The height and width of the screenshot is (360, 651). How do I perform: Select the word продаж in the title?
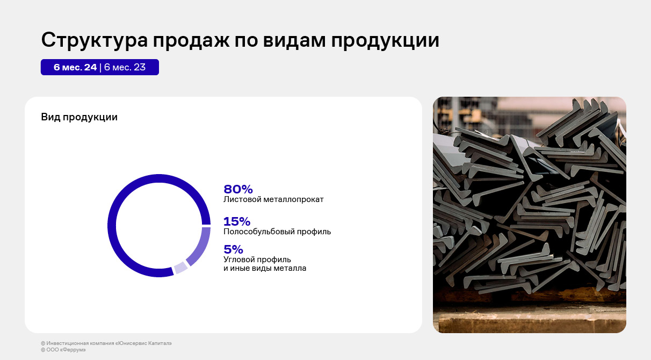[191, 40]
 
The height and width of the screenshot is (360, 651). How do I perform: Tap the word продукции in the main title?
[385, 40]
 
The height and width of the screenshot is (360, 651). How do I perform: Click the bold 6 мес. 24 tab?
[75, 67]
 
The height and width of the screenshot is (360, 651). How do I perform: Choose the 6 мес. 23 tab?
[125, 67]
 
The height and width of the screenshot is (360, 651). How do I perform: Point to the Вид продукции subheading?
[79, 117]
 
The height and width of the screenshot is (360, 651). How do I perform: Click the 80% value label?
[238, 189]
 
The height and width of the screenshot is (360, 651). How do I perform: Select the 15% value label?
[237, 221]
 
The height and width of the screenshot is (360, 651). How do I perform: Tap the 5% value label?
[233, 249]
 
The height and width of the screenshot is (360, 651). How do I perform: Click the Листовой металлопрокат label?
[273, 199]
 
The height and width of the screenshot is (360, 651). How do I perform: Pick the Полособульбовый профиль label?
[277, 232]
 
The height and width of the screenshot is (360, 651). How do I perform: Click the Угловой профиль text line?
[257, 260]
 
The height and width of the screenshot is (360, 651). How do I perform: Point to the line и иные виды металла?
[265, 268]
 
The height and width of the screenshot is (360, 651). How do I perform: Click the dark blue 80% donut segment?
[112, 225]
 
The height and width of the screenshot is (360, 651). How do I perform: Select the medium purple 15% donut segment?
[202, 249]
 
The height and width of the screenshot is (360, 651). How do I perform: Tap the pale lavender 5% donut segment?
[181, 268]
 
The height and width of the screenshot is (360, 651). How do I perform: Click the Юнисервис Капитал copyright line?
[106, 343]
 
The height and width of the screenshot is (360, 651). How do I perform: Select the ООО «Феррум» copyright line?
[63, 350]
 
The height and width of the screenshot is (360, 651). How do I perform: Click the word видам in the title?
[294, 40]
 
